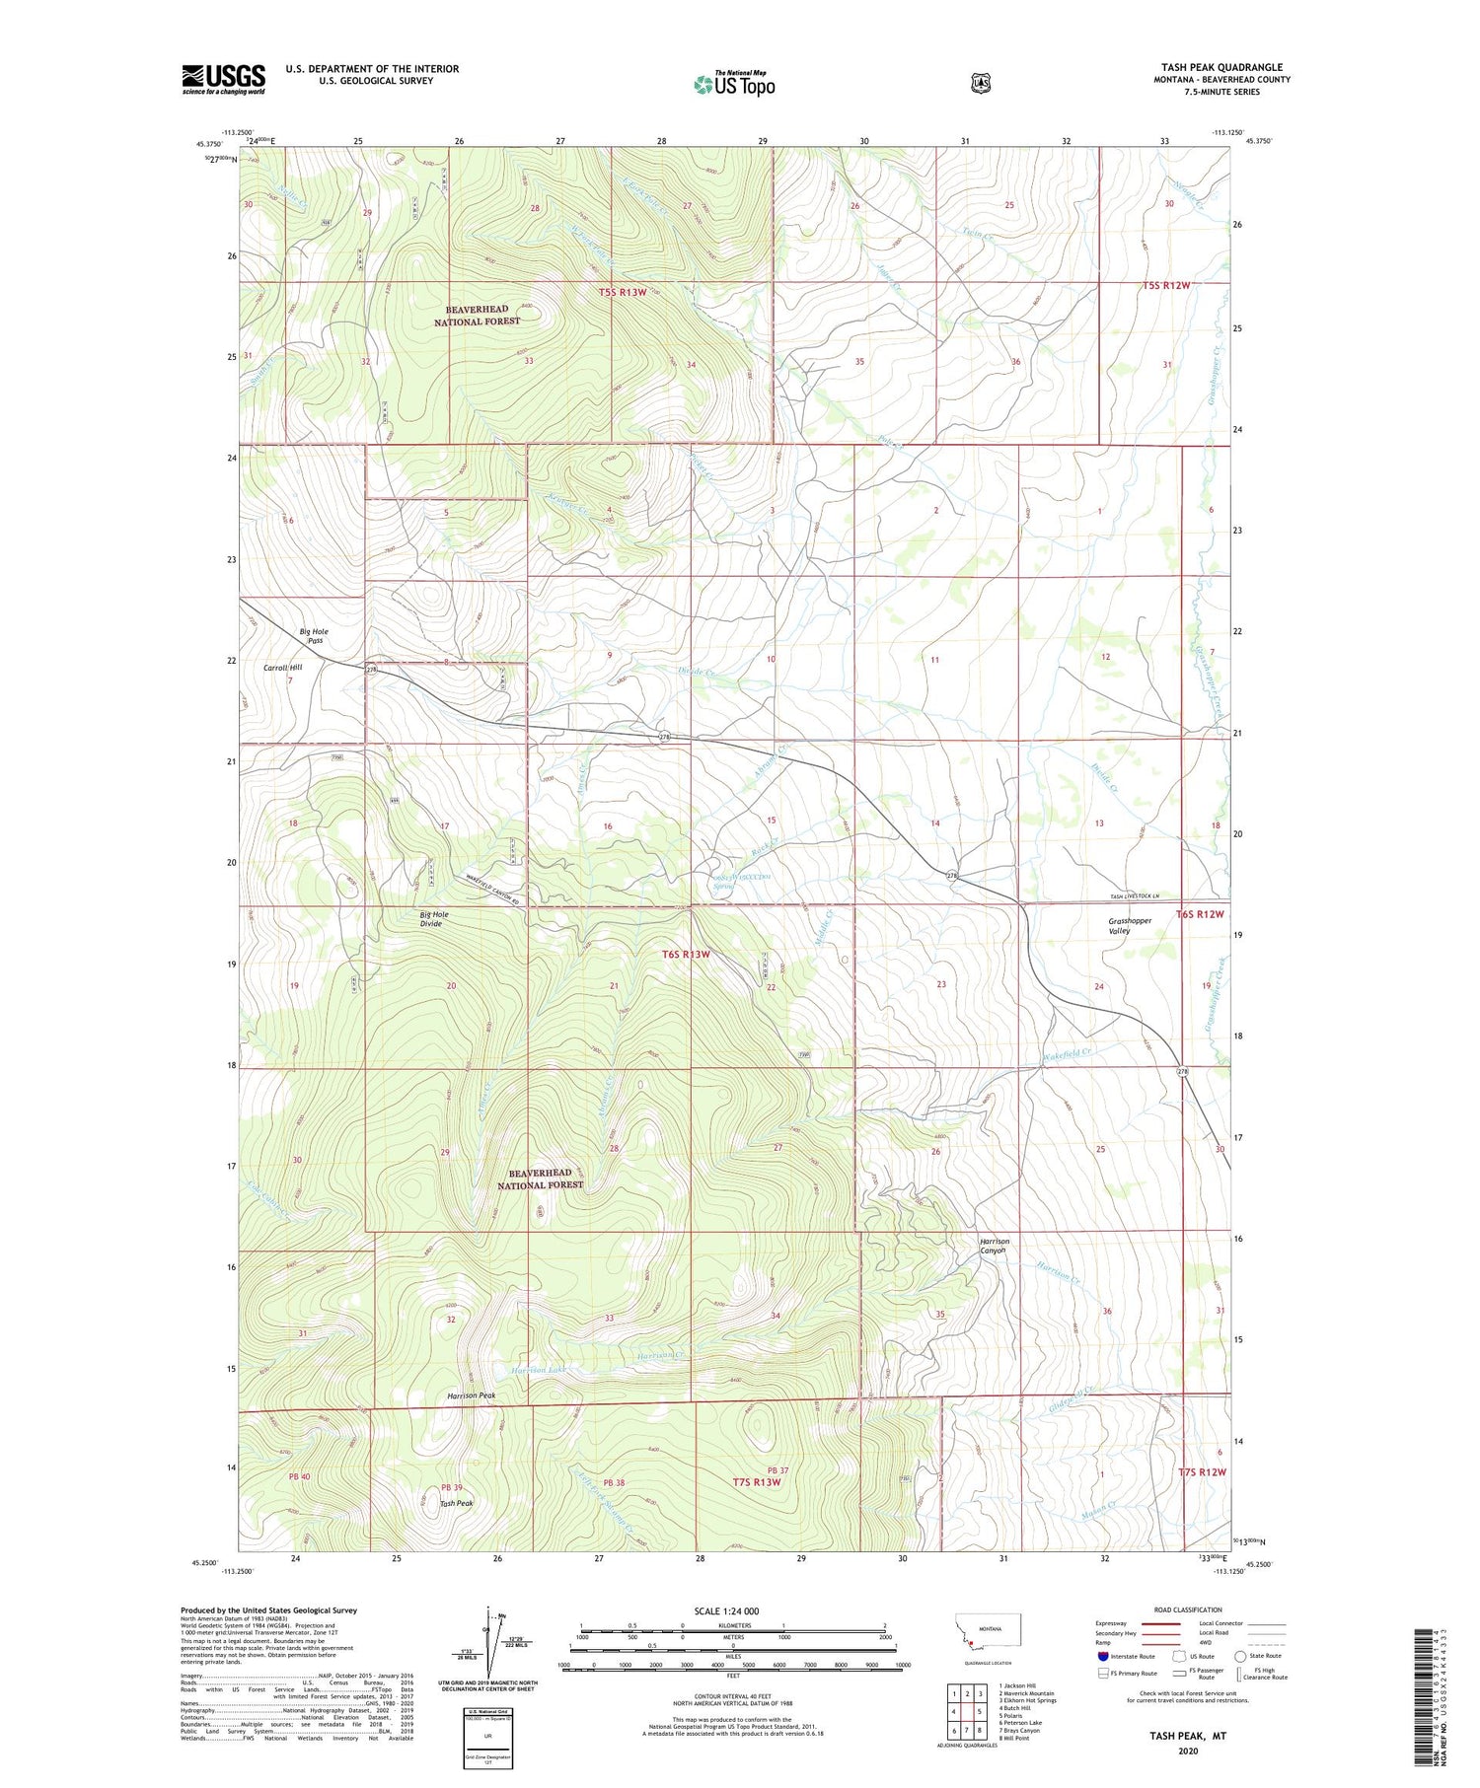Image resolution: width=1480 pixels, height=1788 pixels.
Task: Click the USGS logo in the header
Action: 223,79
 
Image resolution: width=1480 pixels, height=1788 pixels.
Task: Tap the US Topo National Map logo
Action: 734,83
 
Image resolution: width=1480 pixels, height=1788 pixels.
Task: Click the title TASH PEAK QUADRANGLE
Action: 1221,68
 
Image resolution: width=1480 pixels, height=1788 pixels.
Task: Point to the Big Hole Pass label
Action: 315,636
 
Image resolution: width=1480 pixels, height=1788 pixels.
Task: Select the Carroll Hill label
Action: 282,668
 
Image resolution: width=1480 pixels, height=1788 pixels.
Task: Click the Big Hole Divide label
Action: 433,919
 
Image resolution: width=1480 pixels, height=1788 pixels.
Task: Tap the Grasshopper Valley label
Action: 1130,926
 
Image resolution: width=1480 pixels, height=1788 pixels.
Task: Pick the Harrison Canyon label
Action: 993,1246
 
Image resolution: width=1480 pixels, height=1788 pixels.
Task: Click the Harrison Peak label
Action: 472,1396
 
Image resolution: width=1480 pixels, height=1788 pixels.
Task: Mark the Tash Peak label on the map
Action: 456,1504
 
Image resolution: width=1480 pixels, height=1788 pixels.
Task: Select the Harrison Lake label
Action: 540,1371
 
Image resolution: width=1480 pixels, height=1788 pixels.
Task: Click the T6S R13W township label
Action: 686,955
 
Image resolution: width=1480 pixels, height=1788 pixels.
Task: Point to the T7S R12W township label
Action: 1202,1472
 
